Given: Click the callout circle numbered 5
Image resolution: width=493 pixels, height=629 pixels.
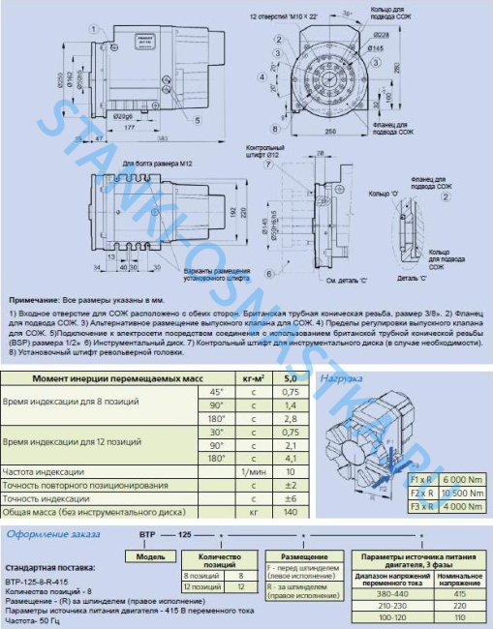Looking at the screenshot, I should (197, 121).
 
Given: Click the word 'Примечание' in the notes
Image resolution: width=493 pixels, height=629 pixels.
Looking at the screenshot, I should (36, 302).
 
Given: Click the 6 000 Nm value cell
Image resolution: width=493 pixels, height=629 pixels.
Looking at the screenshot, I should (461, 451).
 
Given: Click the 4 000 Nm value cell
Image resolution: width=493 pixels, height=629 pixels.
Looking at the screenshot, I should (461, 478).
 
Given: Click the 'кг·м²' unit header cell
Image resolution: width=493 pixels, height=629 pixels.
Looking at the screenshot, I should (253, 377).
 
